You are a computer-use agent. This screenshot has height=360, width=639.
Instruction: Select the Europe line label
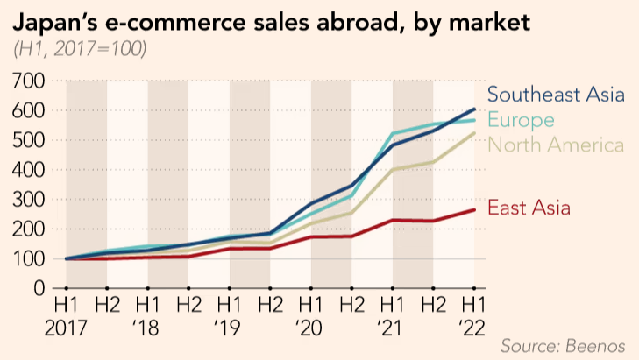point(521,119)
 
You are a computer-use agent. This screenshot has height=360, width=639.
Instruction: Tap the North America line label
point(556,145)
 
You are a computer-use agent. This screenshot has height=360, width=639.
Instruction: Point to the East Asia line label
point(529,208)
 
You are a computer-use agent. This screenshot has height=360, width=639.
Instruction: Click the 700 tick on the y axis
point(29,81)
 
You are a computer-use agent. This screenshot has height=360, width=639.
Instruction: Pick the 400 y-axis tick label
point(29,170)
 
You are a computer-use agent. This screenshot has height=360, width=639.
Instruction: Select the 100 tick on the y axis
point(29,259)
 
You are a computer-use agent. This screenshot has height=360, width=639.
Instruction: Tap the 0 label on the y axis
point(39,288)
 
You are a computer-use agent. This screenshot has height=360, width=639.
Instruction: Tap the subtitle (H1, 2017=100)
point(80,49)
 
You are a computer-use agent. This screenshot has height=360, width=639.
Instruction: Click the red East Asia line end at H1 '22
point(474,209)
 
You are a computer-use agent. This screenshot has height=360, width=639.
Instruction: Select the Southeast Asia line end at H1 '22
point(474,109)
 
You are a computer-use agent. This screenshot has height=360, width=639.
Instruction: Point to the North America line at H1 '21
point(393,170)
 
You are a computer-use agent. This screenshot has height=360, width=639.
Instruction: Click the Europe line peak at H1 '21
point(393,134)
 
